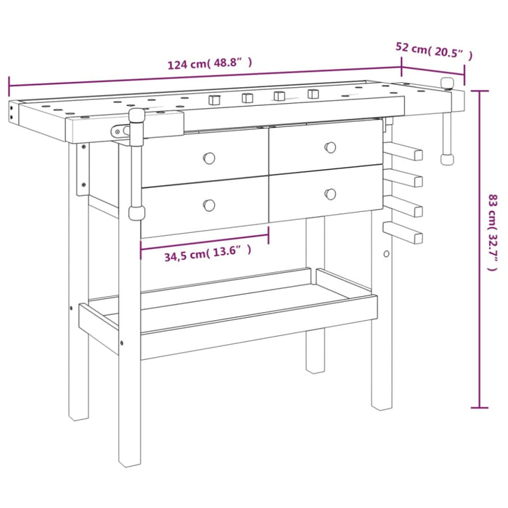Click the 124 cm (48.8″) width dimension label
coord(210,63)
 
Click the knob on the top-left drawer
coord(209,157)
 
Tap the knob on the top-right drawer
coord(330,147)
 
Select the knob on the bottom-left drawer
coord(209,205)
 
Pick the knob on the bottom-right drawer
coord(330,194)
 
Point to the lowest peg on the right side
coord(404,234)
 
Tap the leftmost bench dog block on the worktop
coord(215,99)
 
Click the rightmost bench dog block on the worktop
coord(314,94)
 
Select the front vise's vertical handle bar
coord(134,167)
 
